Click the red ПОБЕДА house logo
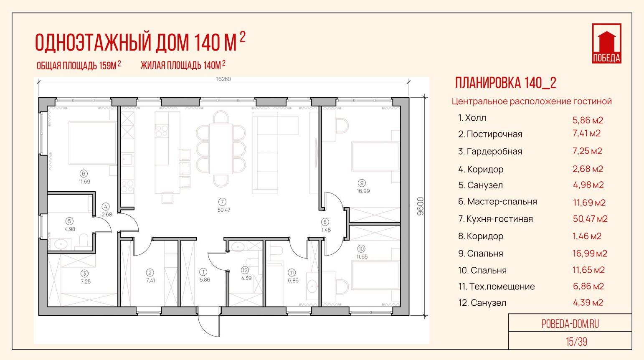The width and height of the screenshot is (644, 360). [607, 43]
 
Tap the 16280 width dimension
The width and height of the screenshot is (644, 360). [223, 79]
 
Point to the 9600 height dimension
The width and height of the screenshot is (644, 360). [420, 206]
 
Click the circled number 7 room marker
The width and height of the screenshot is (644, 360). [222, 202]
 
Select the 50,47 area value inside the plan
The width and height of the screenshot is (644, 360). [224, 210]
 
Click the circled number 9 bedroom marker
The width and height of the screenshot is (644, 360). [362, 183]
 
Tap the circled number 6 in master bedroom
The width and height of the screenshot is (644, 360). [84, 173]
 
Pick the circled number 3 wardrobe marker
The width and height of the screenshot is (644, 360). [84, 274]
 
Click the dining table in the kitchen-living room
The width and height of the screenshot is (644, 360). [221, 149]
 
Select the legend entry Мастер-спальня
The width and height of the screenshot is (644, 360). [502, 202]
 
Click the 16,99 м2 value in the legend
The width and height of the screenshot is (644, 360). [590, 254]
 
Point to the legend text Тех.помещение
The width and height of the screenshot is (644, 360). [502, 286]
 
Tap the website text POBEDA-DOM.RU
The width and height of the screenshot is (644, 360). [570, 324]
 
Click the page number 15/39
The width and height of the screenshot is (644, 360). [576, 342]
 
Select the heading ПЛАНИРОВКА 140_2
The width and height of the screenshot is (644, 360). [506, 83]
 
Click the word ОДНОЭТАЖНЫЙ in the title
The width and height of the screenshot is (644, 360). [93, 43]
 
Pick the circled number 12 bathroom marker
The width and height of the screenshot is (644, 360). [245, 270]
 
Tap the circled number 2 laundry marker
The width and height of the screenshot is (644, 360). [150, 273]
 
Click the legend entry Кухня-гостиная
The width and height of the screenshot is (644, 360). [499, 219]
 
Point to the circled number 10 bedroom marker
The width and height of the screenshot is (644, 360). [361, 249]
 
